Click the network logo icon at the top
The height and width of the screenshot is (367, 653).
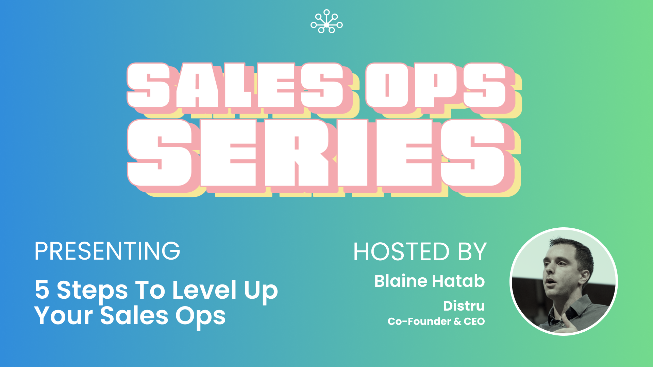326,22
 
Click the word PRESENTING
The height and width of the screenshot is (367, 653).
107,251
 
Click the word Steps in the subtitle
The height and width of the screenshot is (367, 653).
92,290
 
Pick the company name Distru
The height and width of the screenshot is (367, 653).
464,306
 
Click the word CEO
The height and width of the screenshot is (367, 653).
474,321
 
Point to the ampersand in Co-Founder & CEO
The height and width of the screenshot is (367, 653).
457,321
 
